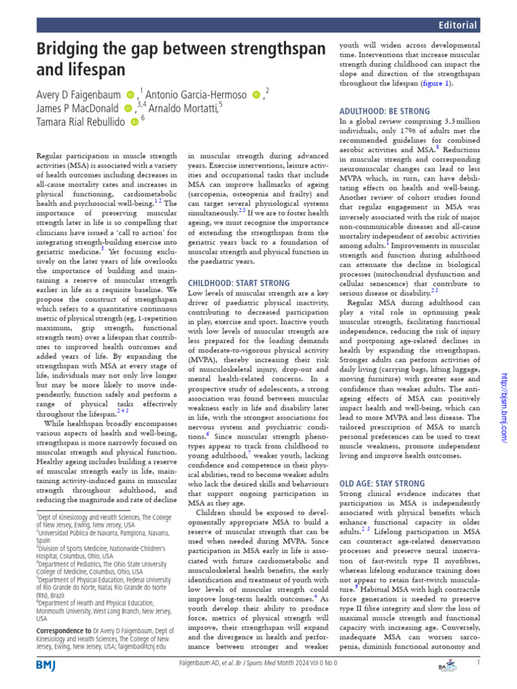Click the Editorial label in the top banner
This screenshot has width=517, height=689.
[458, 26]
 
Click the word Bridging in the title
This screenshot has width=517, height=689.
[70, 50]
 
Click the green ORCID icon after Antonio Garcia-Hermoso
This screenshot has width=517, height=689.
[255, 94]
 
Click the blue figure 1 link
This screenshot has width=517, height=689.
[435, 85]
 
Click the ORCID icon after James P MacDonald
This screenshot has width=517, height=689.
[128, 108]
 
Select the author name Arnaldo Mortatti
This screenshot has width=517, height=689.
[184, 108]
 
